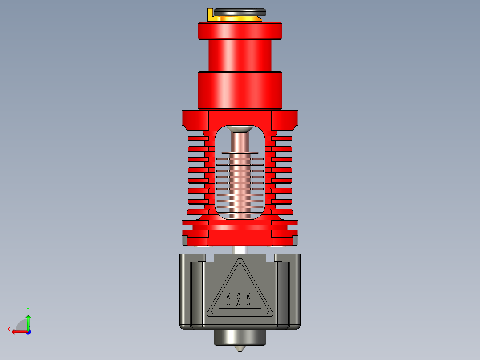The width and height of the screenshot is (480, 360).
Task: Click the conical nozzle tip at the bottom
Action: pyautogui.click(x=240, y=348)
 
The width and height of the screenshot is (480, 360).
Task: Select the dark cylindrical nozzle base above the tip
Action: pyautogui.click(x=240, y=337)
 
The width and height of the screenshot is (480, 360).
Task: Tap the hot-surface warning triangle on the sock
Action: pyautogui.click(x=240, y=290)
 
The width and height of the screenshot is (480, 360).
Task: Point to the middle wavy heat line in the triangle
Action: pyautogui.click(x=240, y=299)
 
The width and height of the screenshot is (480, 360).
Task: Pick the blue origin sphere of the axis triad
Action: pyautogui.click(x=28, y=331)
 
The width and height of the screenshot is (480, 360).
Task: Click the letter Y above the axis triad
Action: pyautogui.click(x=28, y=309)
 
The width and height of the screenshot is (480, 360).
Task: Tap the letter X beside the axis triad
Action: pyautogui.click(x=9, y=330)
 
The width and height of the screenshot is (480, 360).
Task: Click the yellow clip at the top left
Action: pyautogui.click(x=210, y=15)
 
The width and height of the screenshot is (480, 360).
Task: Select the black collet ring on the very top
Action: pyautogui.click(x=240, y=12)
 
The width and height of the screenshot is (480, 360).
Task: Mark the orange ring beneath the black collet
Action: pyautogui.click(x=240, y=19)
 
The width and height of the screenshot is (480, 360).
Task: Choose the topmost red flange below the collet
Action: pyautogui.click(x=240, y=30)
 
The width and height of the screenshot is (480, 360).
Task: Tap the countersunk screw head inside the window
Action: pyautogui.click(x=240, y=129)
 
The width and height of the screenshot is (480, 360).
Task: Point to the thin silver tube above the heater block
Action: pyautogui.click(x=240, y=250)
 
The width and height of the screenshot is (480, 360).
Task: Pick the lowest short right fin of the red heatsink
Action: pyautogui.click(x=282, y=212)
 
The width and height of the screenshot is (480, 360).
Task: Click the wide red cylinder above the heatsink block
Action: pyautogui.click(x=240, y=90)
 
